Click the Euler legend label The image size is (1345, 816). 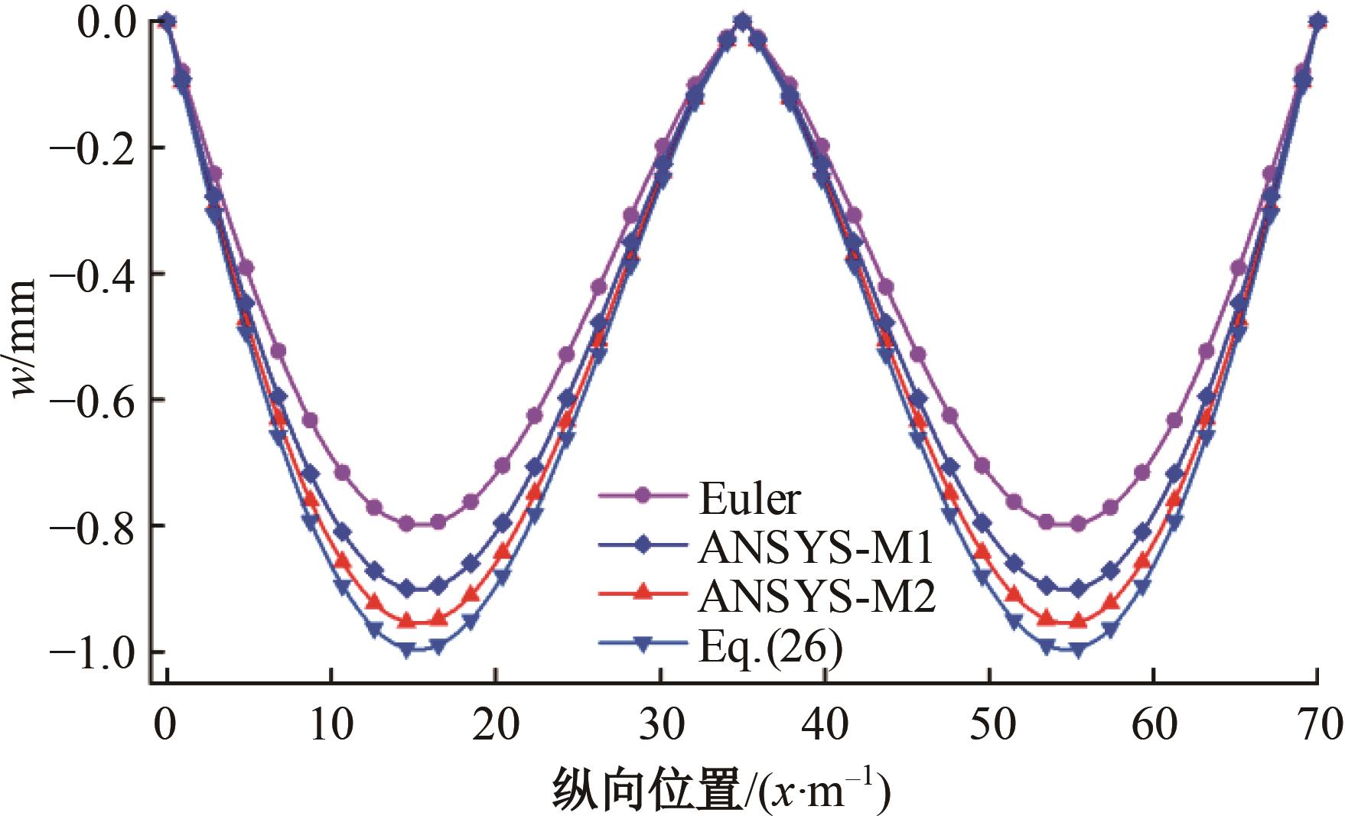tap(750, 499)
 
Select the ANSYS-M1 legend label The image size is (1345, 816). tap(816, 548)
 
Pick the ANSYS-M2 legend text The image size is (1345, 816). tap(816, 597)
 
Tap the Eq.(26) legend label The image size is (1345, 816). tap(770, 647)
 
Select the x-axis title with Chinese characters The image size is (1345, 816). tap(720, 790)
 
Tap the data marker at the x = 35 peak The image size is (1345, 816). tap(741, 21)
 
